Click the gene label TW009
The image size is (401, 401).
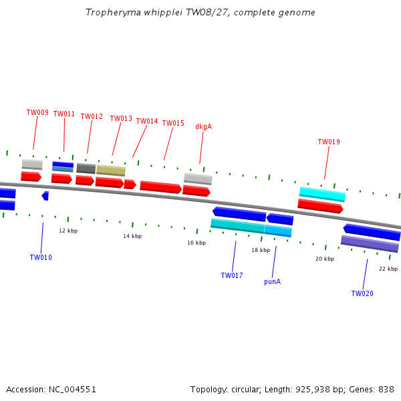pyautogui.click(x=37, y=113)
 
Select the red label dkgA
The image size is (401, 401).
pyautogui.click(x=203, y=127)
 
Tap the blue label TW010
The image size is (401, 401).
pyautogui.click(x=41, y=258)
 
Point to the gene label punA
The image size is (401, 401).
pyautogui.click(x=272, y=282)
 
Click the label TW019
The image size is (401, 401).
pyautogui.click(x=329, y=142)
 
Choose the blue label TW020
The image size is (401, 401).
pyautogui.click(x=362, y=294)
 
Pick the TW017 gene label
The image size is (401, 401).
pyautogui.click(x=232, y=275)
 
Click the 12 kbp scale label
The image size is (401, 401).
pyautogui.click(x=68, y=231)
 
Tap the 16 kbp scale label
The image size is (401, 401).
pyautogui.click(x=196, y=243)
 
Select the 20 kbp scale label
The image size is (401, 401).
pyautogui.click(x=325, y=259)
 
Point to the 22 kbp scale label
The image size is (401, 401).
pyautogui.click(x=388, y=269)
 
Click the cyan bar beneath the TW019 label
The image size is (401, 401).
pyautogui.click(x=322, y=194)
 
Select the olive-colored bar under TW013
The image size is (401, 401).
pyautogui.click(x=111, y=170)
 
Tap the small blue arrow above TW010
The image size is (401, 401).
pyautogui.click(x=45, y=196)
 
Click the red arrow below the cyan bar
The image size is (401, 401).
pyautogui.click(x=320, y=207)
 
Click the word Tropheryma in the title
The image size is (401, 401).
pyautogui.click(x=112, y=13)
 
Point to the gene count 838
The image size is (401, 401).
pyautogui.click(x=386, y=389)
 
